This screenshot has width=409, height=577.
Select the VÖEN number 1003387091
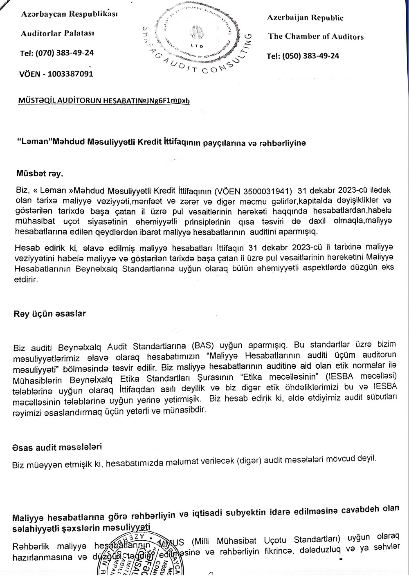point(70,74)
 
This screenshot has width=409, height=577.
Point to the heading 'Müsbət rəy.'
point(38,174)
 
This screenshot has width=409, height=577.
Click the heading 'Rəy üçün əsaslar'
point(49,314)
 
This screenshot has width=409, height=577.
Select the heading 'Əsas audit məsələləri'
point(57,446)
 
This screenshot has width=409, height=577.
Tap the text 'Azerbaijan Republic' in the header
point(305,18)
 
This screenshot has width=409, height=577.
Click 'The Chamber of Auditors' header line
point(316,36)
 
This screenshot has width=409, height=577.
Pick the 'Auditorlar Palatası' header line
point(57,33)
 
